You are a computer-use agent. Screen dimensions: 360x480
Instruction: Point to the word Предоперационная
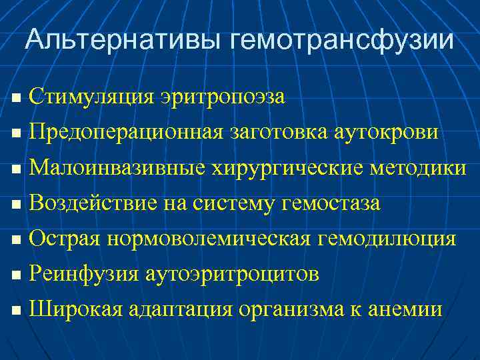[125, 132]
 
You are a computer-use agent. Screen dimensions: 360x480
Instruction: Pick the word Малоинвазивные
[117, 168]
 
